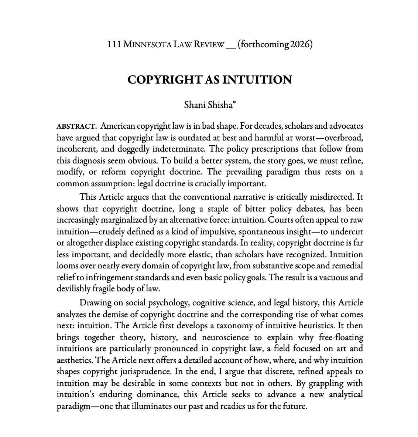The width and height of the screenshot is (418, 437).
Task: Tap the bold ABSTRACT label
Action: (75, 126)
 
